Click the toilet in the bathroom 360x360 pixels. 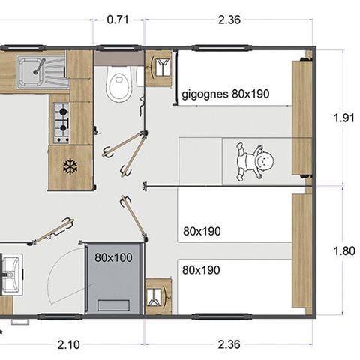point(118,83)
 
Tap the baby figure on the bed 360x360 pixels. point(255,161)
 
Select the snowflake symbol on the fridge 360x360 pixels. point(70,166)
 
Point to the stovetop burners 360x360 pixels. point(61,122)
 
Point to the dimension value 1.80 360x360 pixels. point(344,250)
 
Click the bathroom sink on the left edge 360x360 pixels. point(10,274)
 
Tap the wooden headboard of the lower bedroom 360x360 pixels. point(301,251)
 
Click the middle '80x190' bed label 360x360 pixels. point(201,232)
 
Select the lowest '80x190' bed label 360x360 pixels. point(201,268)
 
